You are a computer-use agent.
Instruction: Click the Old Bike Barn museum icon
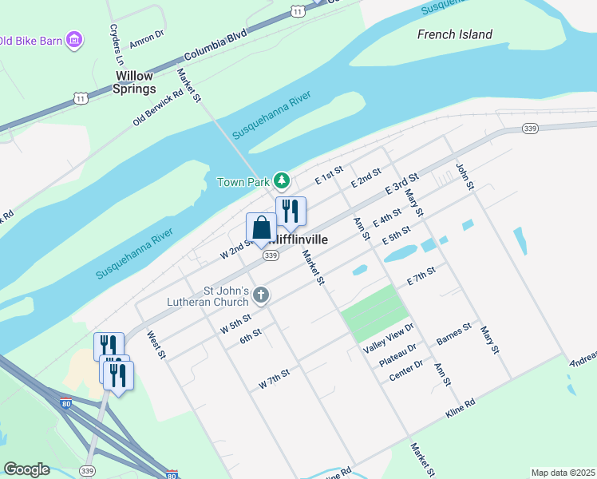[75, 39]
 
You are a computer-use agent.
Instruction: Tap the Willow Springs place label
[134, 82]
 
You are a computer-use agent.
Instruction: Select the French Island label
[455, 34]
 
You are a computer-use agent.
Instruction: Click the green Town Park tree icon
[281, 181]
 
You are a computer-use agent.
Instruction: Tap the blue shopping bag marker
[261, 228]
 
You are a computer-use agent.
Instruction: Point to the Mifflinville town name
[299, 239]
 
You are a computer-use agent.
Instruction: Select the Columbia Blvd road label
[215, 47]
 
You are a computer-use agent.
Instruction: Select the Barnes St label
[454, 335]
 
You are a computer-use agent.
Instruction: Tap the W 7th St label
[273, 379]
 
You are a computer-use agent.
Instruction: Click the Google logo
[26, 469]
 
